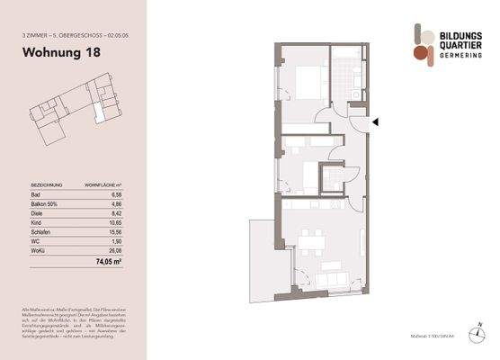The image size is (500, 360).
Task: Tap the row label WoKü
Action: pyautogui.click(x=37, y=252)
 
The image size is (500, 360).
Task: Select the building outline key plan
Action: pyautogui.click(x=76, y=112)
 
